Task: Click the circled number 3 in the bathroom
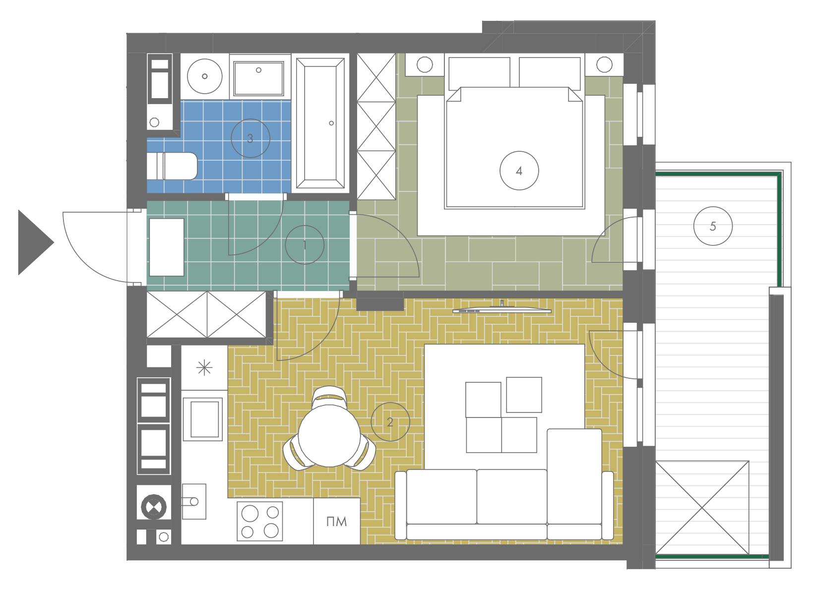point(250,138)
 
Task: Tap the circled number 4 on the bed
point(519,171)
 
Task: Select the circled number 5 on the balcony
point(713,226)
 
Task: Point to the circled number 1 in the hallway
point(305,245)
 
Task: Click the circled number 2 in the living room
point(390,421)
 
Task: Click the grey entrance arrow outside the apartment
point(36,242)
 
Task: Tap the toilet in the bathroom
point(172,166)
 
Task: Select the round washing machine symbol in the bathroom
point(205,76)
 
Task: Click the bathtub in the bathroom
point(320,123)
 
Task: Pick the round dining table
point(329,436)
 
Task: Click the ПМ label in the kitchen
point(336,522)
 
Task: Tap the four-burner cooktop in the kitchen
point(260,522)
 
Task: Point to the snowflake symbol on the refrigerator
point(204,367)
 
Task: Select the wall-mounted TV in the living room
point(502,309)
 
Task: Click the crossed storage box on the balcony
point(702,508)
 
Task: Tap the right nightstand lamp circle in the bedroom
point(604,64)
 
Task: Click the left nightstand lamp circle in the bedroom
point(425,64)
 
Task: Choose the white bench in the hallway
point(167,247)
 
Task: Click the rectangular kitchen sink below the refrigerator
point(202,419)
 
